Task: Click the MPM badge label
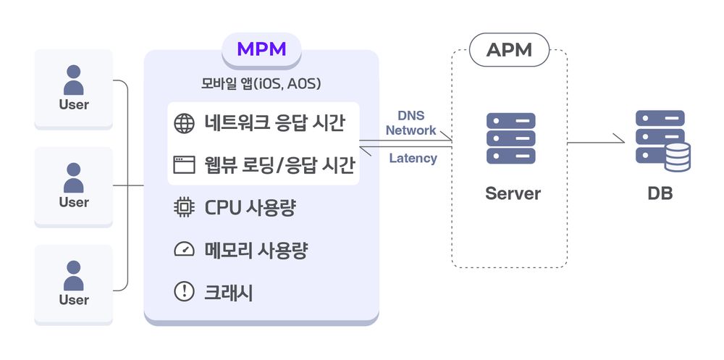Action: coord(261,49)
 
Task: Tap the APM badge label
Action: coord(509,50)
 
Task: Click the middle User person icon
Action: coord(74,177)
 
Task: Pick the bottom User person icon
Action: coord(74,275)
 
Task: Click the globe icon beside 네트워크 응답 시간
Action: coord(185,124)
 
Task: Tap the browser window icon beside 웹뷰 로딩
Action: coord(185,164)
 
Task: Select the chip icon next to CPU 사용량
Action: coord(185,208)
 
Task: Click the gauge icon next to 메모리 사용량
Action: coord(185,250)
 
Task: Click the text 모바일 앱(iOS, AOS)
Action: coord(261,84)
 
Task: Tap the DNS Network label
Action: coord(411,123)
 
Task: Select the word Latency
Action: coord(413,158)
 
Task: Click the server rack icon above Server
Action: coord(511,138)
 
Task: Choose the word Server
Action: coord(513,193)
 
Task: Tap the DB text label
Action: coord(660,193)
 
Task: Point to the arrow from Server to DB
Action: coord(595,143)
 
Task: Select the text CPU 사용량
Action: coord(251,208)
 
